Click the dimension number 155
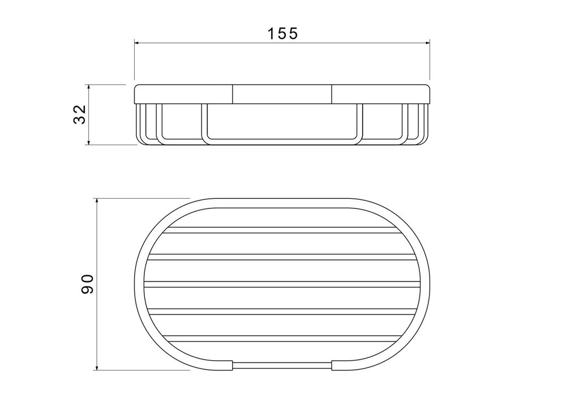click(x=282, y=33)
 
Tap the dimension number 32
click(x=79, y=114)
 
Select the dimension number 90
click(x=87, y=284)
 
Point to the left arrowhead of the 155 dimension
click(x=137, y=43)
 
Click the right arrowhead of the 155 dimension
click(x=427, y=43)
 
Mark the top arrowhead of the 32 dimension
click(x=89, y=87)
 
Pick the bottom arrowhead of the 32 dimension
click(x=89, y=142)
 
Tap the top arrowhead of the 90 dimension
click(x=97, y=201)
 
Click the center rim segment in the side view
click(x=282, y=94)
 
